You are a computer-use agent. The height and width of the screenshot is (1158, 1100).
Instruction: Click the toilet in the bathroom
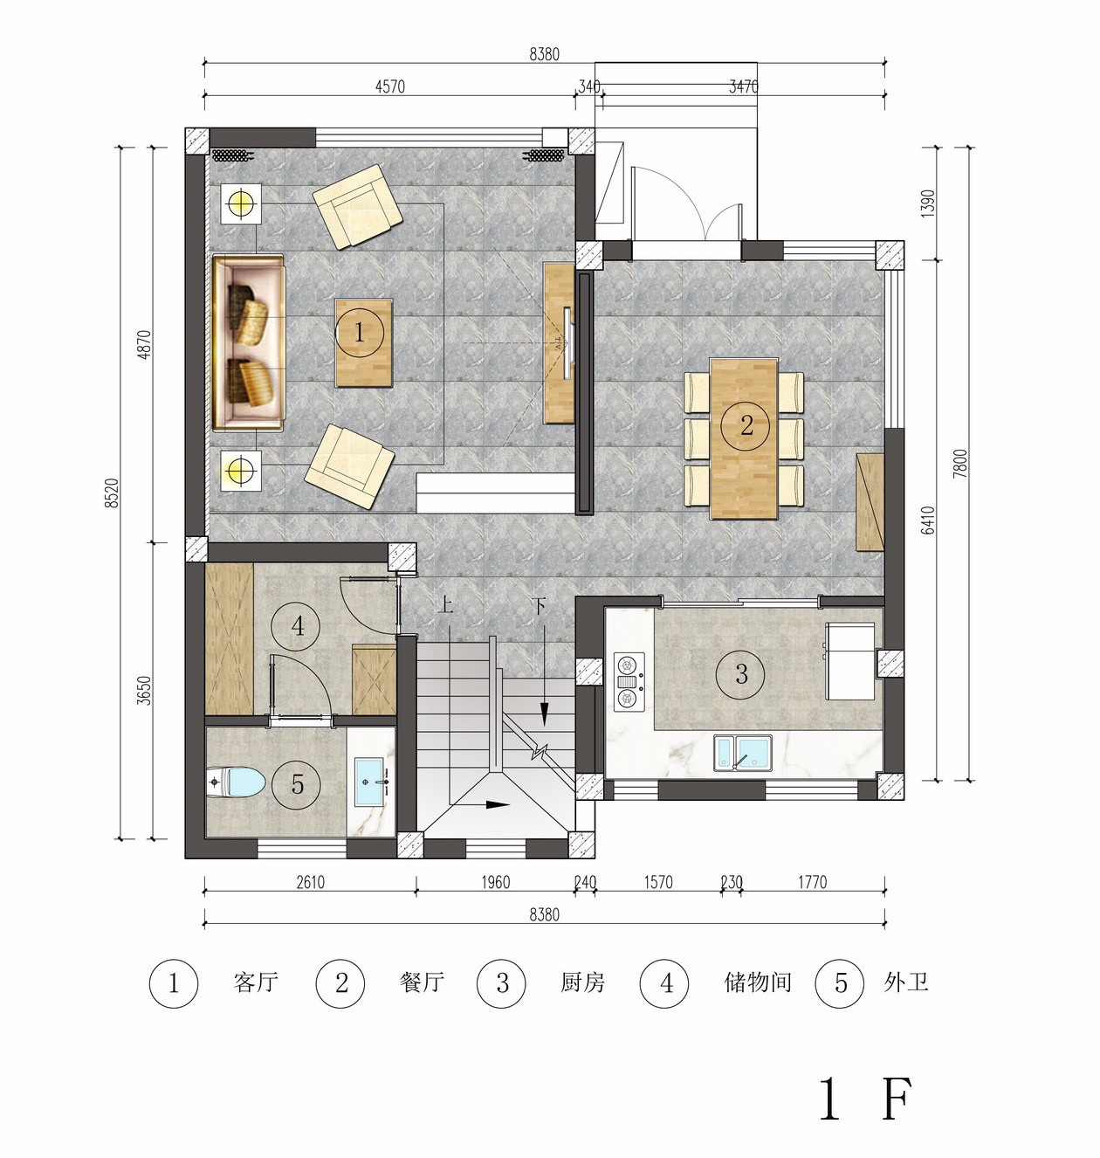coord(236,782)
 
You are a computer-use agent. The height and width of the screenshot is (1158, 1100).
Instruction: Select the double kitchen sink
coord(743,753)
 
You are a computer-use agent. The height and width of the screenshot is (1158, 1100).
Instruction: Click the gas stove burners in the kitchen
coord(629,681)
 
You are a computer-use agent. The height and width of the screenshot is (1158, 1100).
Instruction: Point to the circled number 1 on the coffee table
coord(359,334)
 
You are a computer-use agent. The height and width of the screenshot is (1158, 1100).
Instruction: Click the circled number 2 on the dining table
coord(746,424)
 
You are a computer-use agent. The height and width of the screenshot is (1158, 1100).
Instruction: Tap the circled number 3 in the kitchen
coord(740,673)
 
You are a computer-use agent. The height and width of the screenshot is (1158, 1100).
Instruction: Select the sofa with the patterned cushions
coord(249,343)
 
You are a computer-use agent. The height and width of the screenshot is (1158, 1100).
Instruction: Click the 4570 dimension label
coord(390,86)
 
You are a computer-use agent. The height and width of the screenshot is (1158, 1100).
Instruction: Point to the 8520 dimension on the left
coord(113,493)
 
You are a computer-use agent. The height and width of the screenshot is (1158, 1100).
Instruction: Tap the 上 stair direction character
coord(446,605)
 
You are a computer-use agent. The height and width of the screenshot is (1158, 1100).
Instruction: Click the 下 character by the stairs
coord(539,605)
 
